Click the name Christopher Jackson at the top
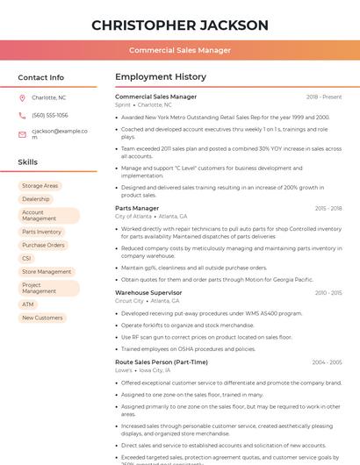(180, 25)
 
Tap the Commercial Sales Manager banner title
(180, 50)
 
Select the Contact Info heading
(40, 77)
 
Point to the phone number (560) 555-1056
(50, 115)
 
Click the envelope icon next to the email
(22, 134)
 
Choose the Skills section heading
(28, 162)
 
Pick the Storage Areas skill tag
(40, 186)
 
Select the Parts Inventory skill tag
(41, 232)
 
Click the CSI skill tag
(26, 258)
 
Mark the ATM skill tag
(27, 304)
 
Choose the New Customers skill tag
(42, 318)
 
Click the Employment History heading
(161, 77)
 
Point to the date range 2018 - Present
(324, 97)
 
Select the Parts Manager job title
(137, 208)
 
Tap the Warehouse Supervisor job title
(148, 292)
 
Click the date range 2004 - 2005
(327, 361)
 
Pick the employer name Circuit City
(129, 300)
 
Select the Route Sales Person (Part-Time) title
(162, 361)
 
